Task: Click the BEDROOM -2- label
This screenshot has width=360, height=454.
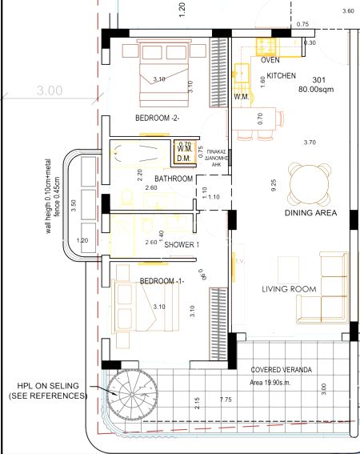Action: click(157, 119)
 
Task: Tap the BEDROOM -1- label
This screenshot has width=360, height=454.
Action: click(162, 281)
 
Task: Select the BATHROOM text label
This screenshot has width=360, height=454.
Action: click(174, 179)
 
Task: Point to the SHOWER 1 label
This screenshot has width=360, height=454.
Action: click(180, 244)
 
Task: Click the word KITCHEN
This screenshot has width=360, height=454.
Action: click(281, 76)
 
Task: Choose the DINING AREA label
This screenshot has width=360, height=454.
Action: click(310, 214)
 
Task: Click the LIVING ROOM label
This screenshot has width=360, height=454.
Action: click(289, 289)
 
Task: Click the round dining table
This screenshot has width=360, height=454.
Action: click(309, 182)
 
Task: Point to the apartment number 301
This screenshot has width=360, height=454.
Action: click(319, 80)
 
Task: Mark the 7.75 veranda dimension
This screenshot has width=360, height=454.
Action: click(226, 399)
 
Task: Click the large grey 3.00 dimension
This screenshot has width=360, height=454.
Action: click(49, 91)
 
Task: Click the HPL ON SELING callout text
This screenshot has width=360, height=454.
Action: click(46, 390)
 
